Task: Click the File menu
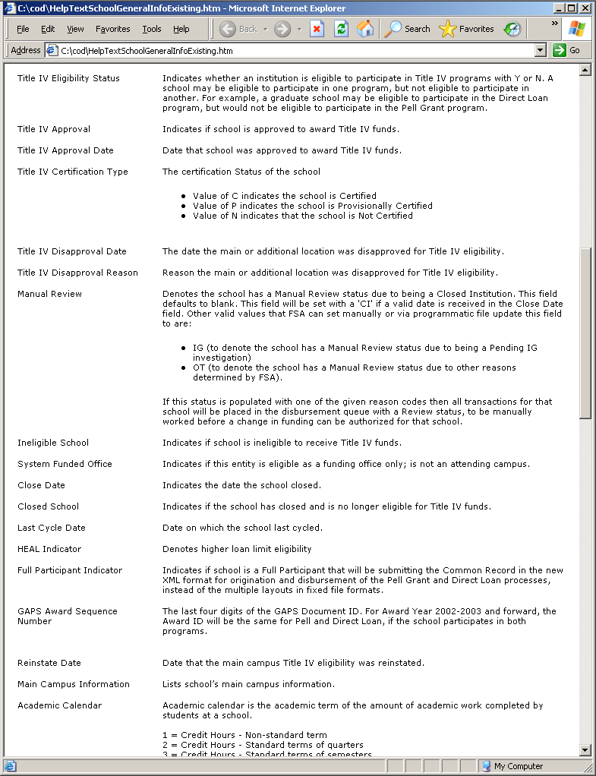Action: (x=23, y=29)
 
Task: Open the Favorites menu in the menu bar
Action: (x=112, y=29)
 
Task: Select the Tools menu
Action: (x=152, y=29)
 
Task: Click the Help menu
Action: (x=181, y=29)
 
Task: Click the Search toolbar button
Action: (x=408, y=29)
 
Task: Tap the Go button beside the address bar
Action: (x=566, y=50)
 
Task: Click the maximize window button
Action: (x=572, y=8)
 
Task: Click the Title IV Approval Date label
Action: (x=65, y=150)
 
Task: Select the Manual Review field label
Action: (x=49, y=294)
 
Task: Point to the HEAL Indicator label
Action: (x=49, y=549)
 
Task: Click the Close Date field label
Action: (x=41, y=485)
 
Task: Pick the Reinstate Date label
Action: (x=49, y=663)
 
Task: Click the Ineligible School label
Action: (x=53, y=443)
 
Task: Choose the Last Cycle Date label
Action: (x=52, y=528)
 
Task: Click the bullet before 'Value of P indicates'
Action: (x=184, y=206)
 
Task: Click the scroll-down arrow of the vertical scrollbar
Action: (x=585, y=750)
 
